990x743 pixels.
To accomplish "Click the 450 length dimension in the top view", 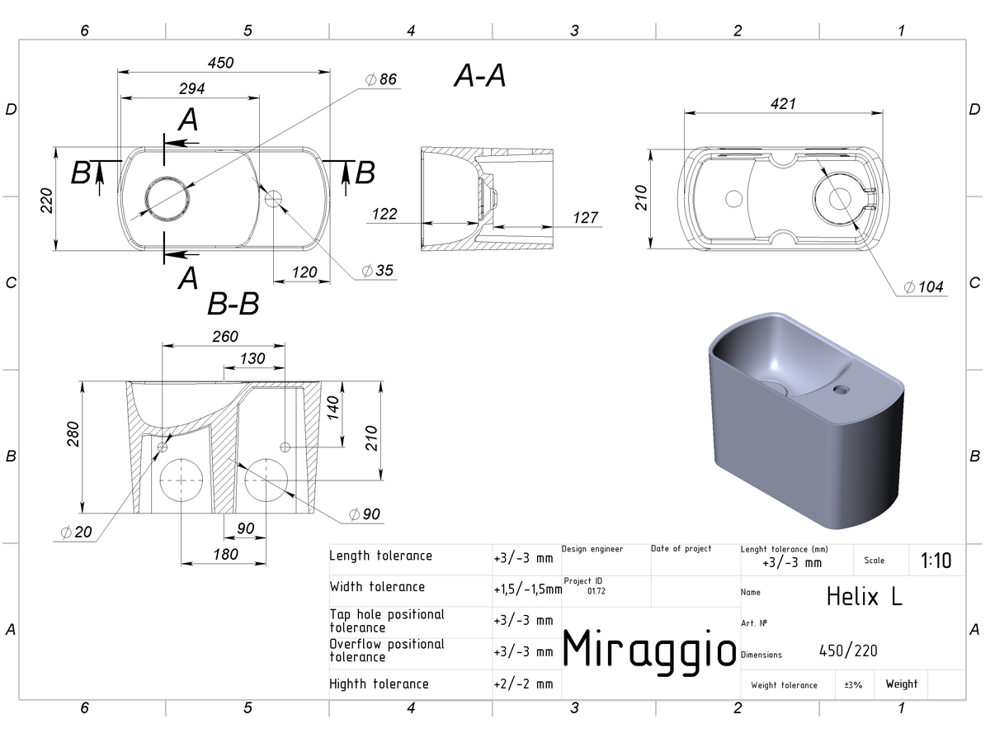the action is [x=220, y=63].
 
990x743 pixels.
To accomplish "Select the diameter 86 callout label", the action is [x=380, y=79].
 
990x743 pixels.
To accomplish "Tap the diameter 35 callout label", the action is [x=378, y=271].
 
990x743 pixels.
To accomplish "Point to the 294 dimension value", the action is [x=191, y=89].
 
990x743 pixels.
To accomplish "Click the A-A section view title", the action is [x=480, y=75].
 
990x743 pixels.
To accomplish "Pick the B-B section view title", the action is [x=233, y=304].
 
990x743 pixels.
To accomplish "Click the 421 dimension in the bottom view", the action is [x=783, y=104].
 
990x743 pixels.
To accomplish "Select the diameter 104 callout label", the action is [x=923, y=287].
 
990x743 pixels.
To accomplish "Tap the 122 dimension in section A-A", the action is [x=384, y=214].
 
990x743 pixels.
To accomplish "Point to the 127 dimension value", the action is [x=585, y=218].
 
